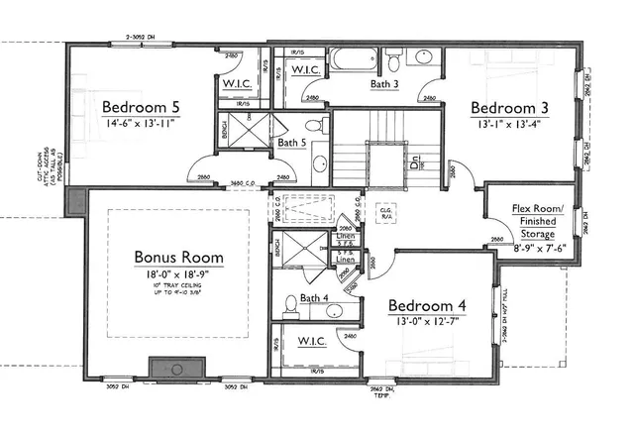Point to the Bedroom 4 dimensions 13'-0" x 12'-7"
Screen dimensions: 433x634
click(x=426, y=322)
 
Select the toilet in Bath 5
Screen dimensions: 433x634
click(x=315, y=127)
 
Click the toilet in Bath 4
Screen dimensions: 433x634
click(x=290, y=303)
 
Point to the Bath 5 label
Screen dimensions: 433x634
click(x=291, y=144)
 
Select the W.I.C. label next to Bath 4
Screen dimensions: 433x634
click(x=307, y=342)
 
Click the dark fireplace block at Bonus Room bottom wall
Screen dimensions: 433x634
click(x=172, y=368)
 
